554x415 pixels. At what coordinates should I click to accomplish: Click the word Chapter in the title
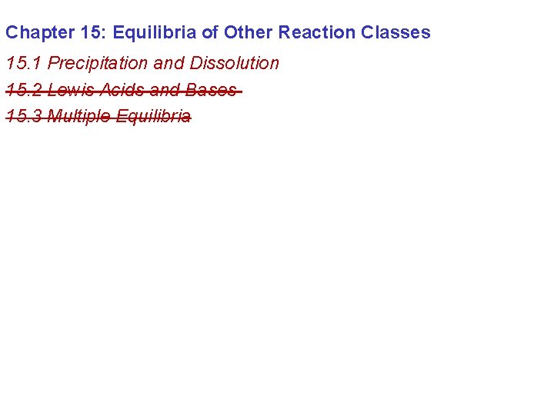pos(39,32)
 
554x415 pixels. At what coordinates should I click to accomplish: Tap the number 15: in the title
pos(94,32)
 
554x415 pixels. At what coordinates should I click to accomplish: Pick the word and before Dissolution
pos(169,63)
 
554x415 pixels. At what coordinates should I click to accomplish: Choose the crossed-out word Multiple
pos(79,117)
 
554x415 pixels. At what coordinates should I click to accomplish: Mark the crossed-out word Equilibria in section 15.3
pos(153,117)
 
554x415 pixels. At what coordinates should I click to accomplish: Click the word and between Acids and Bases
pos(165,91)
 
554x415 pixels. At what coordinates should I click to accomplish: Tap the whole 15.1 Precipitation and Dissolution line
pos(142,63)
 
